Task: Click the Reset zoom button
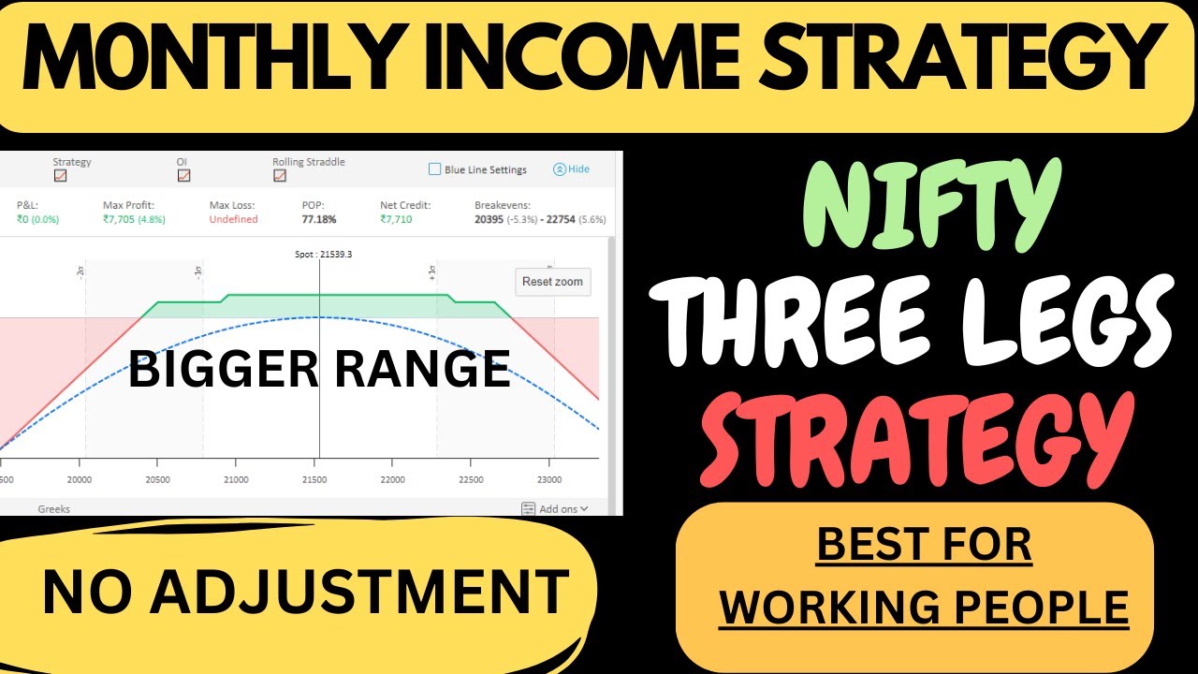(552, 282)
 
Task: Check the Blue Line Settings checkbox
(434, 169)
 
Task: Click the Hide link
(572, 169)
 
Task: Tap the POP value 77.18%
(319, 219)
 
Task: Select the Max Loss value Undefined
(234, 219)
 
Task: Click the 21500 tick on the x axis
(314, 479)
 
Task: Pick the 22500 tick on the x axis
(471, 479)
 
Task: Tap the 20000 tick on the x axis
(80, 479)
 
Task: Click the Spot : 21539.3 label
(318, 254)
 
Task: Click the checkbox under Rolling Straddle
(279, 175)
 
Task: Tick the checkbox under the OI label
(183, 175)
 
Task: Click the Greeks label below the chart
(53, 509)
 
